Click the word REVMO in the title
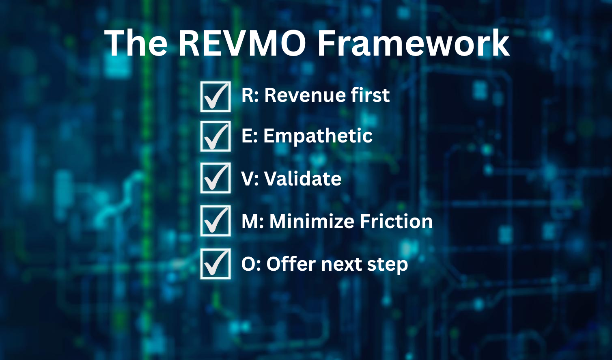point(241,43)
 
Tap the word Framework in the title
point(414,43)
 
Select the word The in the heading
point(136,43)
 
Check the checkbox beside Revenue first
point(215,97)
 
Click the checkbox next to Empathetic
point(215,136)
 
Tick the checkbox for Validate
point(215,178)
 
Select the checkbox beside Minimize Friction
point(215,221)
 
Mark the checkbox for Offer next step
point(215,264)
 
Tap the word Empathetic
point(318,136)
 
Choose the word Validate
point(303,179)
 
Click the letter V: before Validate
point(250,179)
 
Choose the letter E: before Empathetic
point(250,136)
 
